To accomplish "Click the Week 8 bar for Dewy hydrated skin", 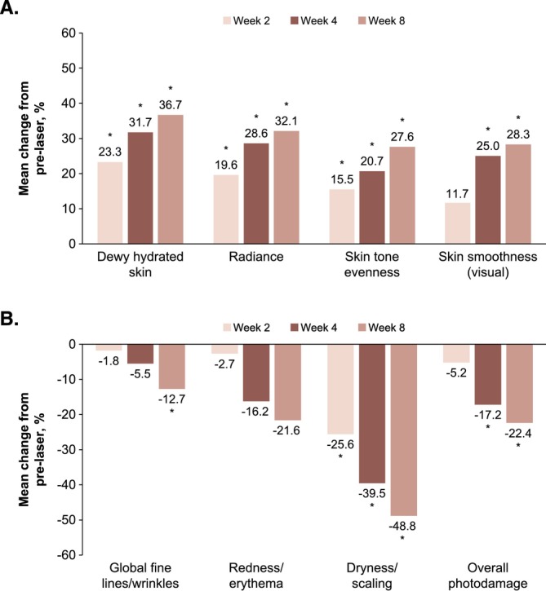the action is click(171, 179).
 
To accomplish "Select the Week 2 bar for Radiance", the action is click(226, 209).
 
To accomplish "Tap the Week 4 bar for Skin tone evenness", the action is click(372, 207).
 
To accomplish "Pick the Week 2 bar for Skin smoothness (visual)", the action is click(458, 223).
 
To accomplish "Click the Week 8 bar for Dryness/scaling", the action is click(404, 430).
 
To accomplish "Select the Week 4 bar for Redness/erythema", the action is click(256, 373).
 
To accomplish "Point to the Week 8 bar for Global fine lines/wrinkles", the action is click(171, 366).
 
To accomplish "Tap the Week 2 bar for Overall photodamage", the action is click(456, 353).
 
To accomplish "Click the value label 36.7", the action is click(171, 105).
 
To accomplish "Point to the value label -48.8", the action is click(402, 526).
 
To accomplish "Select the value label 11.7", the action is click(457, 194).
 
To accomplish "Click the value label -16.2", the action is click(255, 412).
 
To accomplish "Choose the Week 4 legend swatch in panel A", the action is click(295, 20).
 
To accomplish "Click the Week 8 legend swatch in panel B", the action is click(362, 327).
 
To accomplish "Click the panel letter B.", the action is click(10, 319).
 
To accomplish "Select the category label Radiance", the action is click(256, 257).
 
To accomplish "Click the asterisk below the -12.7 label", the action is click(171, 411).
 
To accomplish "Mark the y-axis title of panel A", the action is click(32, 139).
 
